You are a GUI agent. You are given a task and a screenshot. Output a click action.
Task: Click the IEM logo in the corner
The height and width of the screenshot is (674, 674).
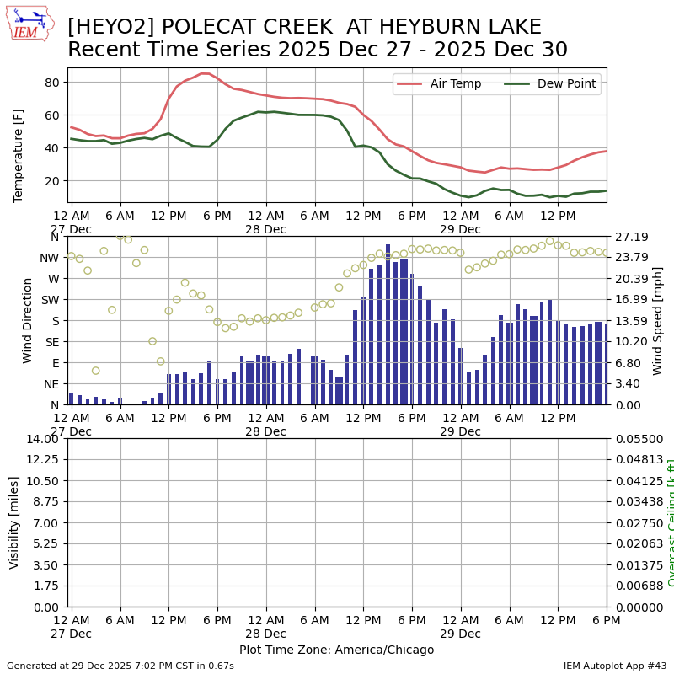pyautogui.click(x=29, y=23)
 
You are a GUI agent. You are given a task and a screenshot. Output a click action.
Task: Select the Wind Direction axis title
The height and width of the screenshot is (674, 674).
pyautogui.click(x=28, y=320)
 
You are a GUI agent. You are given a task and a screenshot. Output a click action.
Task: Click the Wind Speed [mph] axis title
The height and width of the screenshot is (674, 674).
pyautogui.click(x=658, y=320)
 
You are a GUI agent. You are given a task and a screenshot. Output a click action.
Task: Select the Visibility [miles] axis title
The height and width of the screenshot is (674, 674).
pyautogui.click(x=14, y=522)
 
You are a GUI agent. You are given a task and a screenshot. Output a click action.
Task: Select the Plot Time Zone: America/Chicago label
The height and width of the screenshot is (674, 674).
pyautogui.click(x=336, y=650)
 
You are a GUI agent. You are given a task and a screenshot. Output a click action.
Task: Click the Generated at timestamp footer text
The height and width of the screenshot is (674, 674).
pyautogui.click(x=120, y=666)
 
